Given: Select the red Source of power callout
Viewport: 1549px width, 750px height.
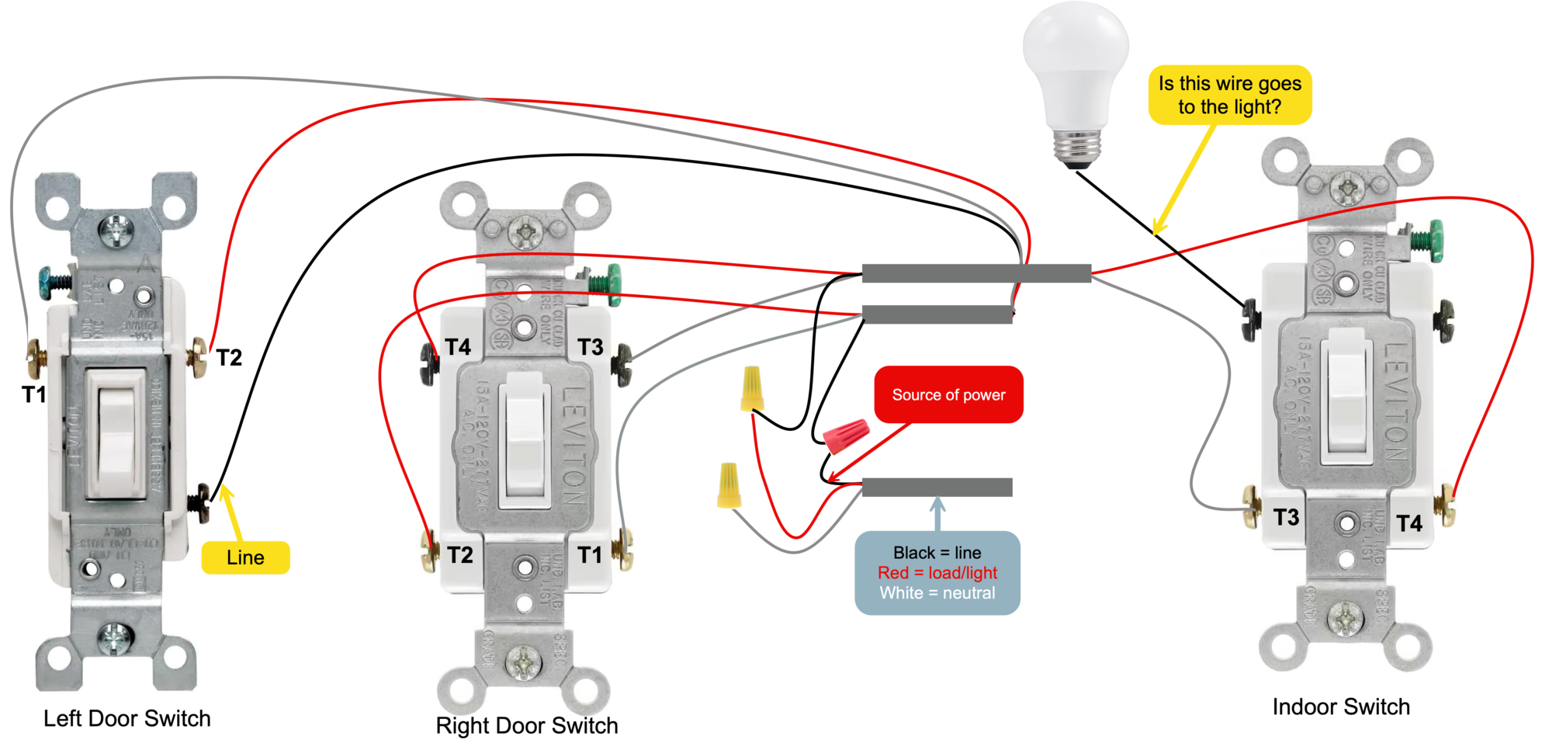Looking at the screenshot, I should pyautogui.click(x=948, y=394).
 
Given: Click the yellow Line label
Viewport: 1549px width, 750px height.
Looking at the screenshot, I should pyautogui.click(x=245, y=557).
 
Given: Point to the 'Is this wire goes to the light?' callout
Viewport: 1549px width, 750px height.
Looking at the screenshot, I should pyautogui.click(x=1229, y=95).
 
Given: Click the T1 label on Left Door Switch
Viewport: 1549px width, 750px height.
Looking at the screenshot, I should pyautogui.click(x=34, y=394).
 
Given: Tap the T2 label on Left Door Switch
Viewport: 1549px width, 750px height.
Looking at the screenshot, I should pyautogui.click(x=229, y=358).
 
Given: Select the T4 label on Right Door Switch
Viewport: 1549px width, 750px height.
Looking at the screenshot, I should pyautogui.click(x=458, y=347).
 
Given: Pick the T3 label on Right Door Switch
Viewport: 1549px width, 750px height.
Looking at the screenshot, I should pyautogui.click(x=590, y=347).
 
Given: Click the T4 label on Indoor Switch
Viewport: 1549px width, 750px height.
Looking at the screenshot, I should pyautogui.click(x=1409, y=523).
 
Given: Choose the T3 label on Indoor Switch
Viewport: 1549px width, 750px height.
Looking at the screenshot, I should pyautogui.click(x=1286, y=517).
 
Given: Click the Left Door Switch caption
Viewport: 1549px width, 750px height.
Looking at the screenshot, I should pyautogui.click(x=126, y=718).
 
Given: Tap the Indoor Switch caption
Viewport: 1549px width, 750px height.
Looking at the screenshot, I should pyautogui.click(x=1340, y=707).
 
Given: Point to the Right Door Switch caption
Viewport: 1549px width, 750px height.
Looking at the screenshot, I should pyautogui.click(x=526, y=725).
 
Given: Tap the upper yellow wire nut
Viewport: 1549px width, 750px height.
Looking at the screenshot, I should pyautogui.click(x=751, y=388).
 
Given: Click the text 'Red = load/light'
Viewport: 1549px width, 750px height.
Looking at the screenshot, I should pyautogui.click(x=937, y=573).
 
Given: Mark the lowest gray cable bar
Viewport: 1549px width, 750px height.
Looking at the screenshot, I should pyautogui.click(x=937, y=487).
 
